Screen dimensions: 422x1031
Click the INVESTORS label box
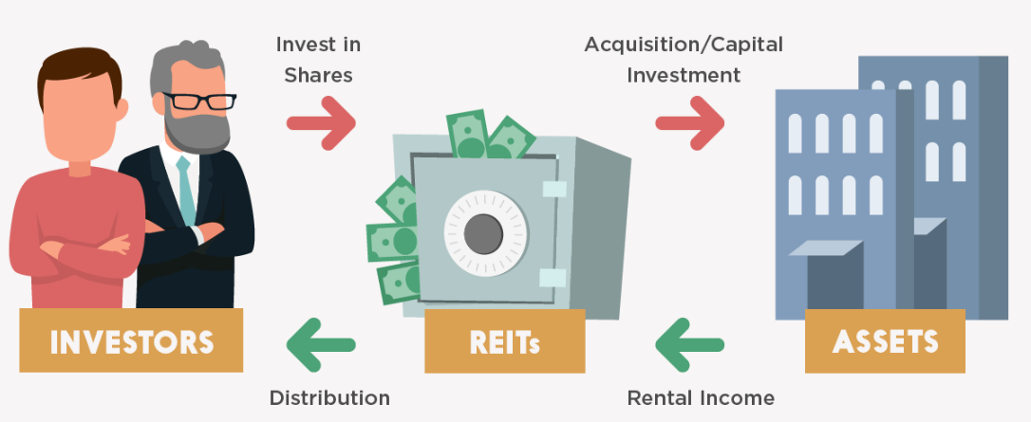coord(131,340)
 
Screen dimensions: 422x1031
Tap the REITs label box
coord(504,340)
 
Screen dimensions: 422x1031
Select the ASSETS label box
coord(885,340)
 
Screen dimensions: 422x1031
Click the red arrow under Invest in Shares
coord(321,122)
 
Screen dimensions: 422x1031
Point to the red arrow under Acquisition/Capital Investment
coord(689,122)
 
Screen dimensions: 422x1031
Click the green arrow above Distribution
coord(321,342)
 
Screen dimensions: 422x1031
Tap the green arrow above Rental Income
coord(689,342)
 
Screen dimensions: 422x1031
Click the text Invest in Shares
coord(319,59)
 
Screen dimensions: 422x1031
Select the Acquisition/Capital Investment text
coord(683,59)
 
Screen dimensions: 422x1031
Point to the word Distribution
coord(329,397)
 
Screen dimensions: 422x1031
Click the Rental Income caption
coord(701,397)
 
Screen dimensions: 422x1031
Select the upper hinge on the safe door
coord(553,189)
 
